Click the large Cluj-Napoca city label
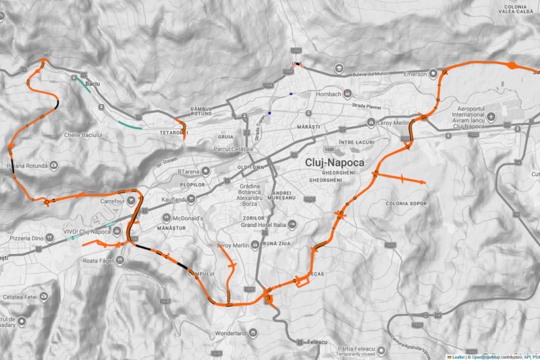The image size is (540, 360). pos(335,163)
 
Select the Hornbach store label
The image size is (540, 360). pos(329,93)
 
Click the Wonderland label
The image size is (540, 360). pos(231,333)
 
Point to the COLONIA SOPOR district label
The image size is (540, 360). pos(406,203)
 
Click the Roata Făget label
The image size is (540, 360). pos(99,261)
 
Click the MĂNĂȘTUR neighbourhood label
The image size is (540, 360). pos(170,229)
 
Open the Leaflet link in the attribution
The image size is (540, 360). pos(457,356)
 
